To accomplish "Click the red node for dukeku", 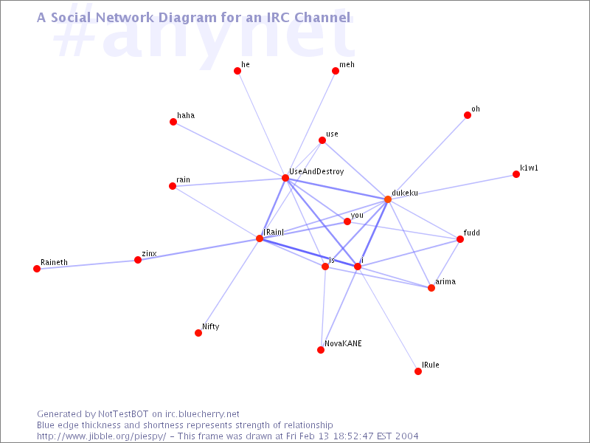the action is [388, 199].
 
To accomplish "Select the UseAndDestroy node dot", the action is [285, 178].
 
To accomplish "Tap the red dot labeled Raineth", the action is [37, 269].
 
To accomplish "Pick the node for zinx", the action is [138, 260].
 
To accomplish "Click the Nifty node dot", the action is [198, 333].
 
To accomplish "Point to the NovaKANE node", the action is [321, 350].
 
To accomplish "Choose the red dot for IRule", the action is [418, 371].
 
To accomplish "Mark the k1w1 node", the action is [516, 174].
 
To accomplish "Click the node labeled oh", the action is [468, 115].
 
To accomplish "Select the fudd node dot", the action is [459, 239].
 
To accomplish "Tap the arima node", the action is [431, 288].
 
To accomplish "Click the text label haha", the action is [186, 115].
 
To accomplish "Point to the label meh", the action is [347, 64].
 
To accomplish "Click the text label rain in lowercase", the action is [183, 179].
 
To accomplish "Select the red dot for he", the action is [237, 71].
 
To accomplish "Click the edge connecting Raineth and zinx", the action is [87, 264].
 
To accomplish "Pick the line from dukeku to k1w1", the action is [452, 187].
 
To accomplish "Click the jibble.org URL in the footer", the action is [101, 436].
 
